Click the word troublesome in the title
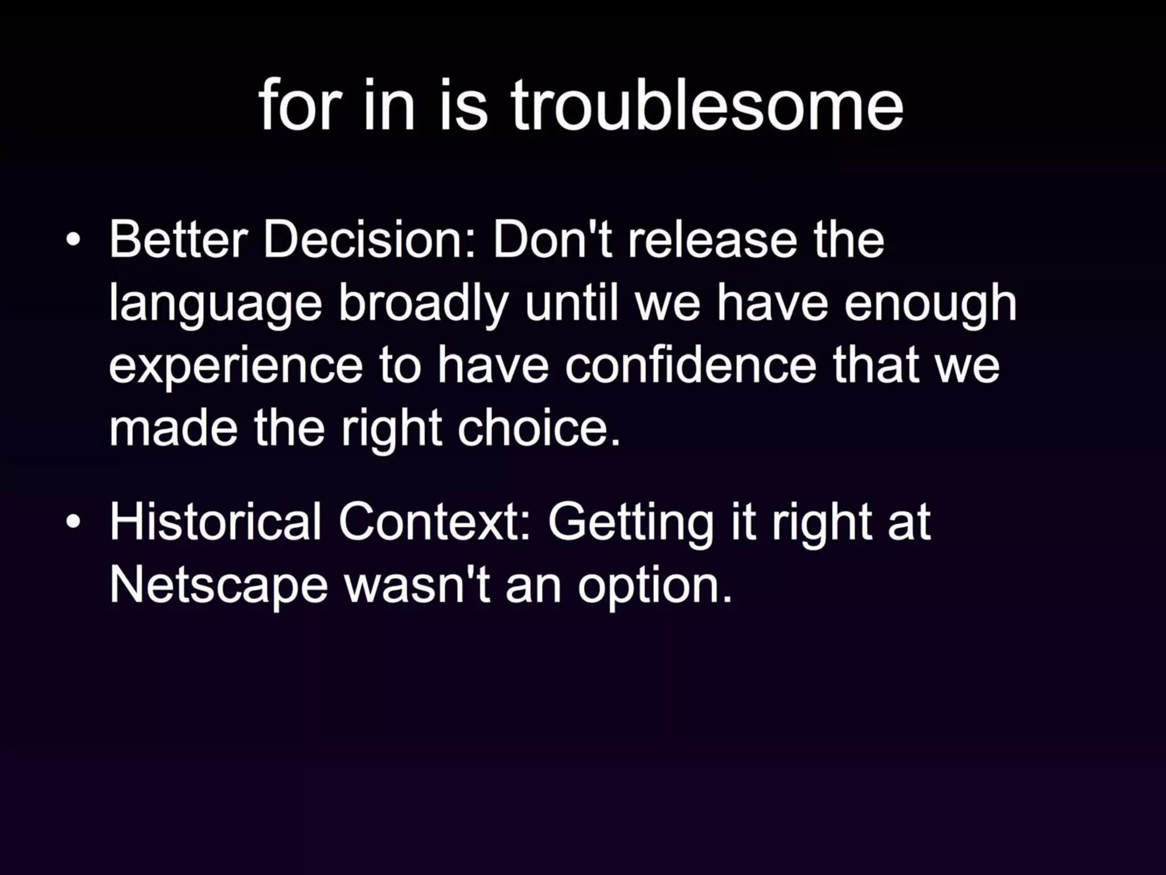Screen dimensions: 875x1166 click(x=706, y=105)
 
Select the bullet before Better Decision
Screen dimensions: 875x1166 click(x=73, y=240)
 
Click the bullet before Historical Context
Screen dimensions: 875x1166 click(x=73, y=521)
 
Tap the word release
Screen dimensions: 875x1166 click(x=712, y=240)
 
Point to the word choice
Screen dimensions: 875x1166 click(x=539, y=428)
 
